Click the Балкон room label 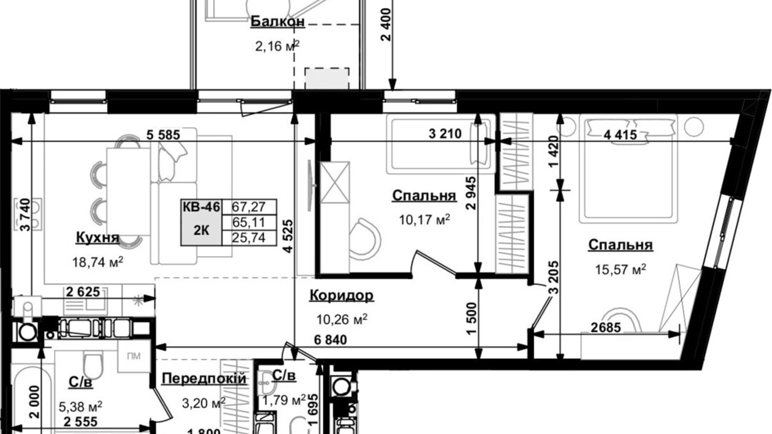coord(278,22)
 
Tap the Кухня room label coord(98,237)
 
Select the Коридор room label coord(341,295)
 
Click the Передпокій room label coord(204,378)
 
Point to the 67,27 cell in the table coord(249,207)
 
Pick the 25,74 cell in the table coord(249,237)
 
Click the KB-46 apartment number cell coord(202,207)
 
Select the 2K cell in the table coord(202,230)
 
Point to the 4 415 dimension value coord(621,134)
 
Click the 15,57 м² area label coord(621,270)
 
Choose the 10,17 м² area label coord(424,220)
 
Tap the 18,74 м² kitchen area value coord(98,262)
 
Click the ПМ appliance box coord(134,356)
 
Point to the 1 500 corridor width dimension coord(471,319)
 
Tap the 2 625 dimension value coord(83,292)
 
